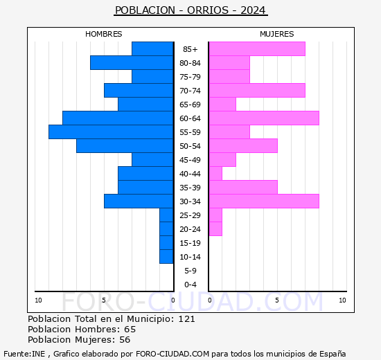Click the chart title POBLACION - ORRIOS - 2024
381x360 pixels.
pos(190,10)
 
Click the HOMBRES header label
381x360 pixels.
pos(104,34)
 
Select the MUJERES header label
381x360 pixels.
pos(277,34)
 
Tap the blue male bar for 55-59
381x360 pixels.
pos(111,132)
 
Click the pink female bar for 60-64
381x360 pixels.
pos(264,118)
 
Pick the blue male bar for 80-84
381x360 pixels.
pos(132,62)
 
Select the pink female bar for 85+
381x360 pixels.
pos(257,48)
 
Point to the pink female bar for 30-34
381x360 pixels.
pos(264,201)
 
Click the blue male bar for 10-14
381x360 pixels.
pos(166,256)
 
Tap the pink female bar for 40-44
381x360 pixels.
pos(215,173)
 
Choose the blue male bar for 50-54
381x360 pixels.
pos(125,145)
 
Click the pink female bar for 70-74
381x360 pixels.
pos(257,90)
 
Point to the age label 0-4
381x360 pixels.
pos(190,285)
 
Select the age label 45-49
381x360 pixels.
pos(190,160)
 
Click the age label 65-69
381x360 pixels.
pos(190,105)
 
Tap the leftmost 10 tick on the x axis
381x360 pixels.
pos(38,300)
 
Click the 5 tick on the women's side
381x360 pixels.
pos(276,300)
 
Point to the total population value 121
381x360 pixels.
pos(186,318)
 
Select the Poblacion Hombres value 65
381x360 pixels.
pos(130,329)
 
